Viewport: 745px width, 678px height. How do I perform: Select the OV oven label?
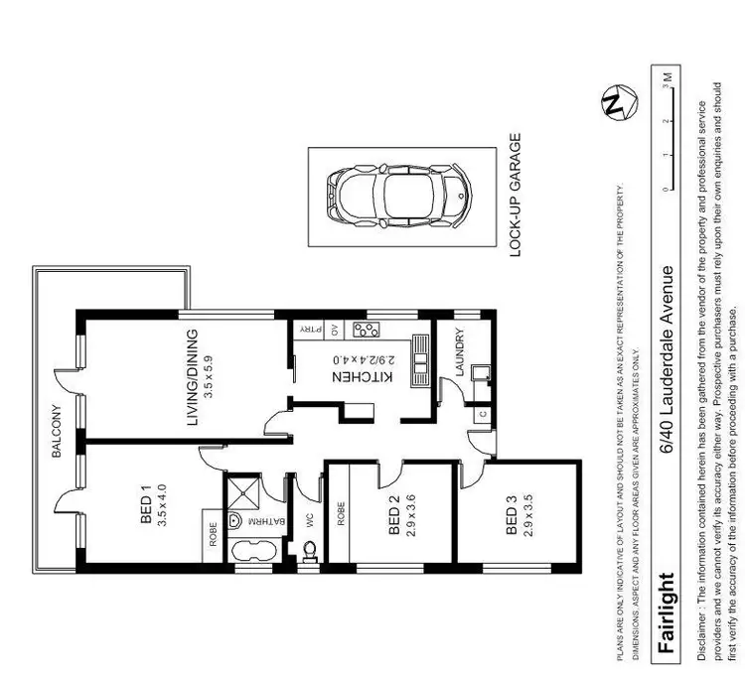pyautogui.click(x=335, y=331)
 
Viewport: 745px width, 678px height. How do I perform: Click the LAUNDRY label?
pyautogui.click(x=459, y=351)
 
